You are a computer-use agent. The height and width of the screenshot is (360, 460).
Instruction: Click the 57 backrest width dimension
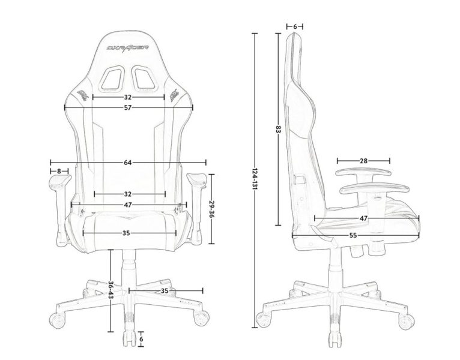[x=127, y=107]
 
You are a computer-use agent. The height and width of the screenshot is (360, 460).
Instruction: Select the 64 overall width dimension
[x=127, y=163]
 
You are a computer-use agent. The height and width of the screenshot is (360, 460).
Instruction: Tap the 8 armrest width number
[x=58, y=172]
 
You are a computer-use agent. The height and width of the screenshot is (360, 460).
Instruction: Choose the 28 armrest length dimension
[x=363, y=161]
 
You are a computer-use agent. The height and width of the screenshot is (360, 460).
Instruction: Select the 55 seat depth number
[x=353, y=236]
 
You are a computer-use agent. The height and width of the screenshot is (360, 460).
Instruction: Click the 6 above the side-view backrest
[x=295, y=26]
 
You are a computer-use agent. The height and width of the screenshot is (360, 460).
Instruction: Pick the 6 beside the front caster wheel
[x=141, y=338]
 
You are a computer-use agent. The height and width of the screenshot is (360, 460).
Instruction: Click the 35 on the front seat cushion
[x=126, y=232]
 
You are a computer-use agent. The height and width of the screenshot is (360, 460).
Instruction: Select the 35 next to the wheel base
[x=164, y=291]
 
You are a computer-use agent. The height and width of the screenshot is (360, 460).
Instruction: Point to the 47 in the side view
[x=364, y=218]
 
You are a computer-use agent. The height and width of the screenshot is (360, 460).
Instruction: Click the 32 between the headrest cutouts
[x=128, y=97]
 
